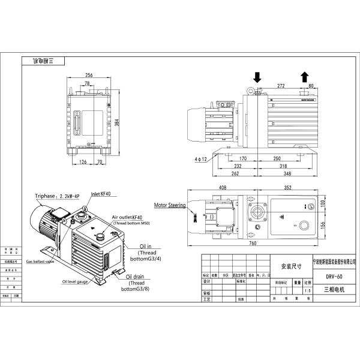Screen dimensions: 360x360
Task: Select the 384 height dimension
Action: point(118,122)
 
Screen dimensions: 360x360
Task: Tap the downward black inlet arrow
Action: point(258,77)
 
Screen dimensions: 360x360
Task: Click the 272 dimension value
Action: point(281,86)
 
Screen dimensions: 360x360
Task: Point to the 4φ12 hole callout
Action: point(201,159)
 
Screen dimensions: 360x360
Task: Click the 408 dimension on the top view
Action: point(222,187)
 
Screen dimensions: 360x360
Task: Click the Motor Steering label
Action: point(170,205)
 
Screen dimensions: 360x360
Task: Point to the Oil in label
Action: point(145,246)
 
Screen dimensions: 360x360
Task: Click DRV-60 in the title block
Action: point(334,277)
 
